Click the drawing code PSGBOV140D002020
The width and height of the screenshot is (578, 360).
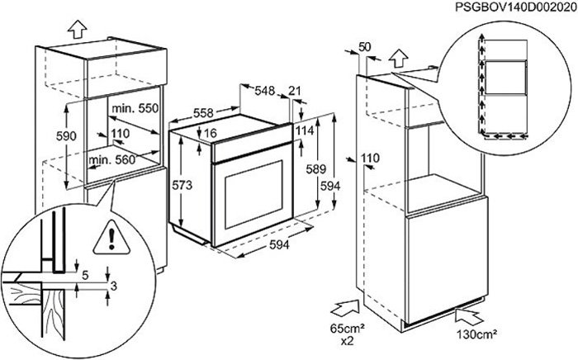tap(516, 7)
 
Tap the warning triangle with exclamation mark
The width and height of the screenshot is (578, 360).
tap(111, 238)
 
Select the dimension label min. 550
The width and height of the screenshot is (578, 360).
tap(135, 108)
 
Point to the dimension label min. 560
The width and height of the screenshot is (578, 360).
tap(112, 159)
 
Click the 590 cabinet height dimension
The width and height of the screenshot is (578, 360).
tap(66, 136)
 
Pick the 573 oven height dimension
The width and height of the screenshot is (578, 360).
tap(182, 185)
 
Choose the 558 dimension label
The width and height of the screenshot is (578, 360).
tap(203, 113)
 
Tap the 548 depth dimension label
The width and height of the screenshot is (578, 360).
tap(265, 90)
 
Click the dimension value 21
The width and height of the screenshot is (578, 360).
tap(295, 91)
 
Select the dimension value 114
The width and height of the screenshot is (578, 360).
tap(305, 130)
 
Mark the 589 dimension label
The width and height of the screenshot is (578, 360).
tap(316, 169)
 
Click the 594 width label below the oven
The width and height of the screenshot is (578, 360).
tap(279, 244)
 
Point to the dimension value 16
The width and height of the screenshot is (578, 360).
tap(211, 133)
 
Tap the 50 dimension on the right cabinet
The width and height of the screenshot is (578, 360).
tap(365, 47)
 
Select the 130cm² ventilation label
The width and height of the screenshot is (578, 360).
tap(477, 334)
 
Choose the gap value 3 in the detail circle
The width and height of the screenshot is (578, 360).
tap(114, 286)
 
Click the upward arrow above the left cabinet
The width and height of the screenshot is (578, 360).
tap(78, 28)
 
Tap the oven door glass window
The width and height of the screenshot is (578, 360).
tap(253, 193)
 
